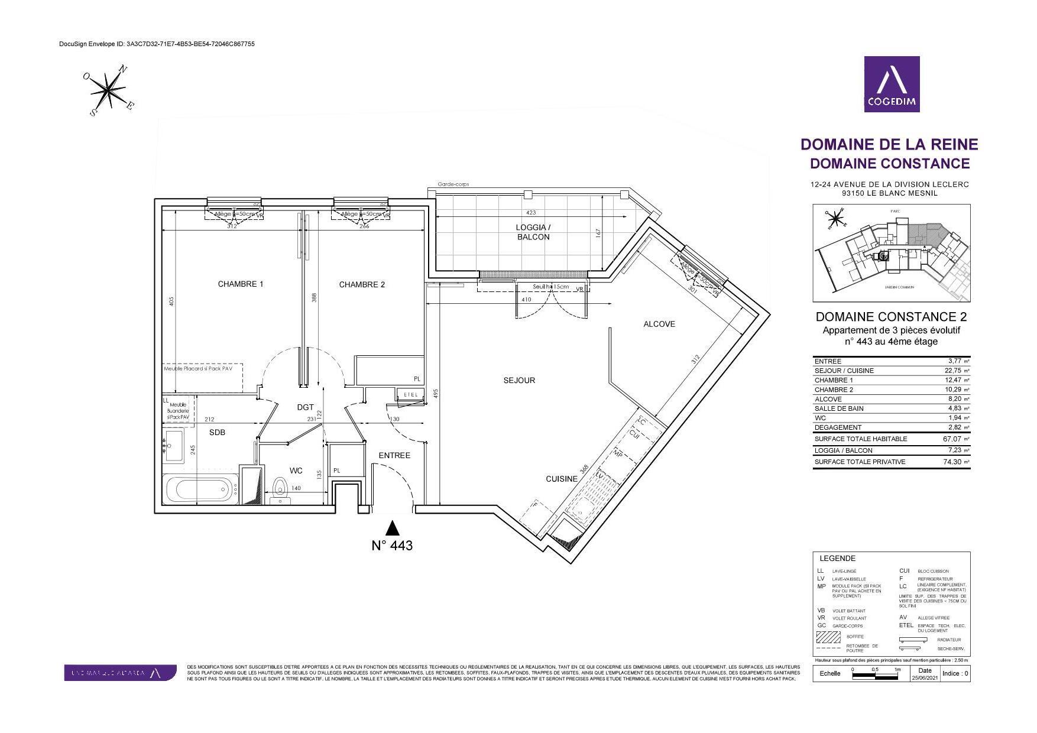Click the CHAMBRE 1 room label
pyautogui.click(x=241, y=284)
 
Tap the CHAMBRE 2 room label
pyautogui.click(x=362, y=285)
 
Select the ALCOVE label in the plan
pyautogui.click(x=659, y=324)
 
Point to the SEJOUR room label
pyautogui.click(x=519, y=381)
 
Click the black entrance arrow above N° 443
pyautogui.click(x=392, y=527)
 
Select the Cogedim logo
pyautogui.click(x=892, y=84)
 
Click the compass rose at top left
pyautogui.click(x=108, y=90)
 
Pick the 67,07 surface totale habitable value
pyautogui.click(x=952, y=439)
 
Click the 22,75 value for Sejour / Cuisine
pyautogui.click(x=952, y=371)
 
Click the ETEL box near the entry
pyautogui.click(x=410, y=395)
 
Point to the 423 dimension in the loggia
pyautogui.click(x=530, y=213)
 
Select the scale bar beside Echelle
pyautogui.click(x=875, y=672)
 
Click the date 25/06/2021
pyautogui.click(x=925, y=678)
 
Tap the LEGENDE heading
pyautogui.click(x=837, y=559)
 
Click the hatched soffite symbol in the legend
pyautogui.click(x=828, y=637)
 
